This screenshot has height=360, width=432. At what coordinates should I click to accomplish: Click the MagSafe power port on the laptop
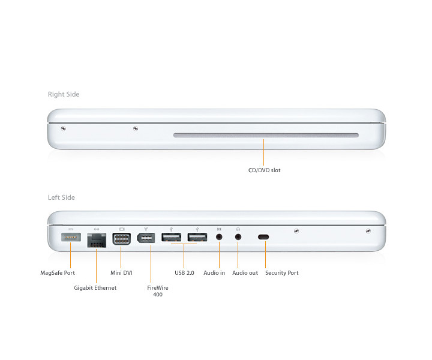pos(71,237)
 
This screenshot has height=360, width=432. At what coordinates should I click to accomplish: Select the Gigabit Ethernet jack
pos(97,240)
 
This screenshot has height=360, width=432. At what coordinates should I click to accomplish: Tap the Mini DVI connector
pos(121,239)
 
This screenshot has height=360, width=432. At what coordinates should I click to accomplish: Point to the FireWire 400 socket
pos(146,238)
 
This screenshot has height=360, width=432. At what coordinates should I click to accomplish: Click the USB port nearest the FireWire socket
pos(172,237)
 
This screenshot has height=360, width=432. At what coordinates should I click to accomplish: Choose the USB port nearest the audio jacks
pos(197,237)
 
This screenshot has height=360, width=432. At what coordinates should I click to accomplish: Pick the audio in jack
pos(219,236)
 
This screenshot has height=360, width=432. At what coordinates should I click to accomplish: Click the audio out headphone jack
pos(238,236)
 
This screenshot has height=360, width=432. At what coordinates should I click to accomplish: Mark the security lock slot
pos(263,237)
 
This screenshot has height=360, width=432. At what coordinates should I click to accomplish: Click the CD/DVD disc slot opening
pos(266,135)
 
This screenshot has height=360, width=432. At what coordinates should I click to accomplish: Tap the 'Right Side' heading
pos(64,94)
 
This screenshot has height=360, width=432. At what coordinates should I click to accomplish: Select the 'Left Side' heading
pos(61,197)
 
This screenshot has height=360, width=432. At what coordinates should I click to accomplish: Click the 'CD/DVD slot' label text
pos(264,170)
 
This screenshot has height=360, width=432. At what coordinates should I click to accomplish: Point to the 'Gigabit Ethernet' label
pos(95,288)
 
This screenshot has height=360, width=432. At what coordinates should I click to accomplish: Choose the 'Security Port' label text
pos(282,272)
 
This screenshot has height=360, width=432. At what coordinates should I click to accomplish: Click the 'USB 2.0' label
pos(184,272)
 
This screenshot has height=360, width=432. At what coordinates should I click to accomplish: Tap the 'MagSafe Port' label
pos(58,272)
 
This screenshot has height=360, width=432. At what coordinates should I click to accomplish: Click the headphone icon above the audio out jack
pos(238,229)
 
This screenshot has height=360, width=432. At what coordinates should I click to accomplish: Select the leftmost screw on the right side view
pos(63,128)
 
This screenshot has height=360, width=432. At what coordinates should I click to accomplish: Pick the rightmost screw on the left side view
pos(368,231)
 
